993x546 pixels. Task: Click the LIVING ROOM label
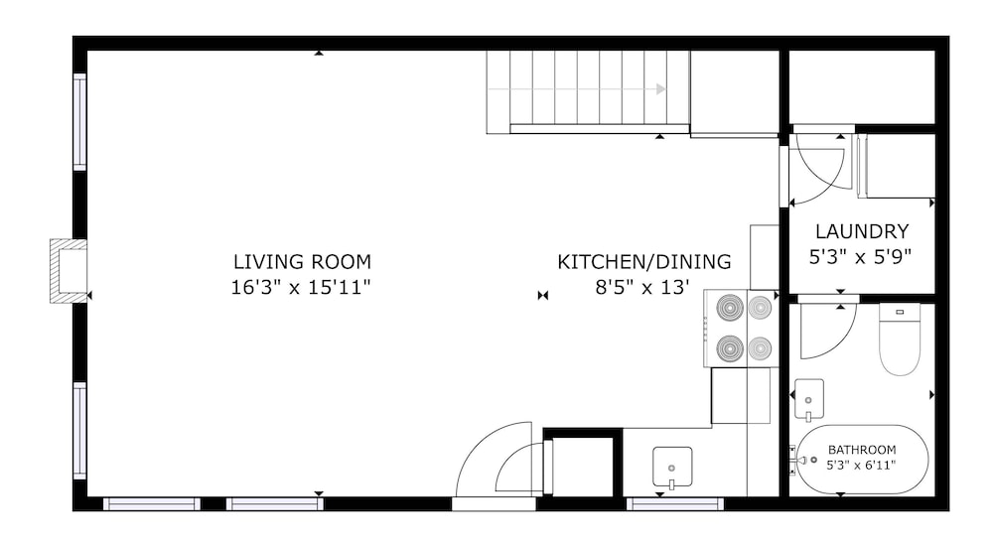302,262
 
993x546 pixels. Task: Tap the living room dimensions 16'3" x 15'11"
300,288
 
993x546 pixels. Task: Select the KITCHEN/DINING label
644,262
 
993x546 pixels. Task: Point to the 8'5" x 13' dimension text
642,288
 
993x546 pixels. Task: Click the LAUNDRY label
862,231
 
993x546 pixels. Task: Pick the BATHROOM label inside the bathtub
862,450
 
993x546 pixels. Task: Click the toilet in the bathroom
900,339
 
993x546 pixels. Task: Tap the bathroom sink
808,398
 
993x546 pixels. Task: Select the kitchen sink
672,468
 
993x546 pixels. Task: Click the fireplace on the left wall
69,270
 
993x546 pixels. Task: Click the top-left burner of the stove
730,308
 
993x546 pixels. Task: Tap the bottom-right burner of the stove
760,347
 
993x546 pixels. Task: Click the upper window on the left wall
79,122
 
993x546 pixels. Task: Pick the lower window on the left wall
79,431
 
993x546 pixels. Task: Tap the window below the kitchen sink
675,504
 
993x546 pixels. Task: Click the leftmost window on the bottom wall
152,504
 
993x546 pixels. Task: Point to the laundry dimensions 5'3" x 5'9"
860,257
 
